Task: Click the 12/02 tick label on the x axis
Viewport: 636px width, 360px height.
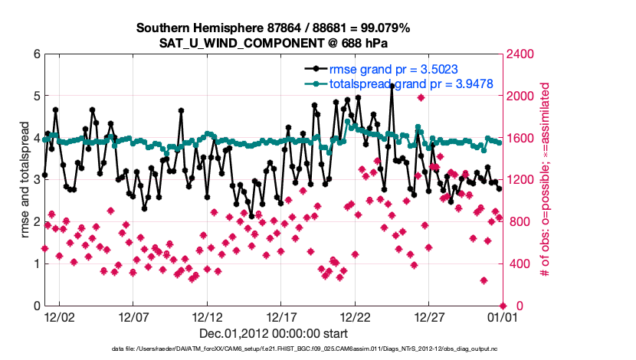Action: pyautogui.click(x=59, y=316)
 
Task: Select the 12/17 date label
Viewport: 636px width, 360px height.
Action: pyautogui.click(x=281, y=316)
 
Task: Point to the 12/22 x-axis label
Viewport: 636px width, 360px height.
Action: pyautogui.click(x=356, y=316)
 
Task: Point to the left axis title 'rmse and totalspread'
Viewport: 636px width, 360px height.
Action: pyautogui.click(x=25, y=180)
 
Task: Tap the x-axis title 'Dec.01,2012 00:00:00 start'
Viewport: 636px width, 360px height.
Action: pyautogui.click(x=274, y=333)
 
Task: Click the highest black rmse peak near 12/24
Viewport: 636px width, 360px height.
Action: pyautogui.click(x=392, y=87)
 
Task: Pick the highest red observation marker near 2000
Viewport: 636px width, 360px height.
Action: pyautogui.click(x=421, y=97)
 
